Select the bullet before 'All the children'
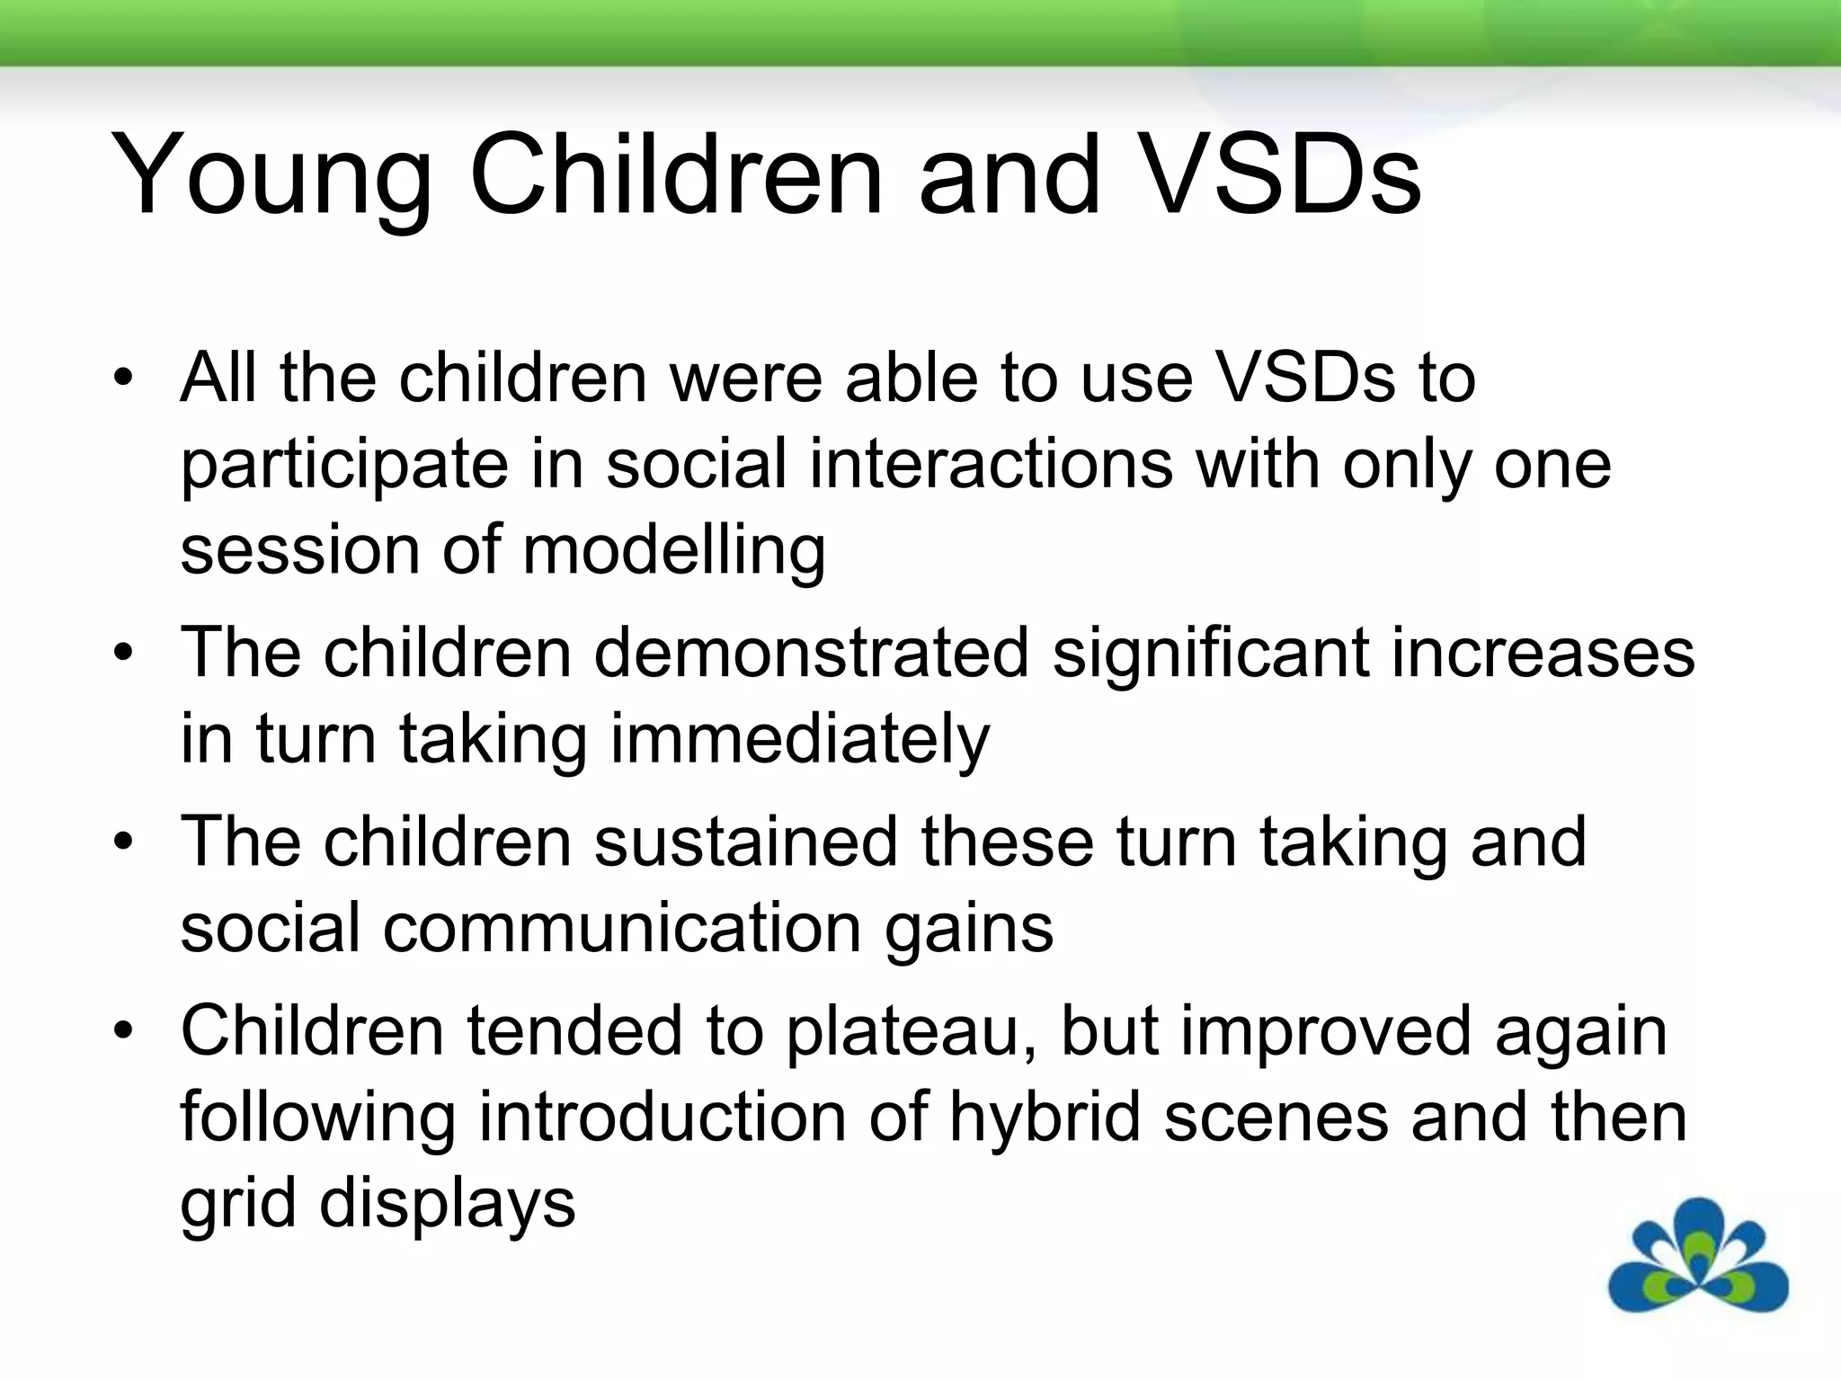(123, 377)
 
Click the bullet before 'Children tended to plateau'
(123, 1029)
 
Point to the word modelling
(673, 549)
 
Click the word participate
(344, 467)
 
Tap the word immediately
(799, 740)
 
